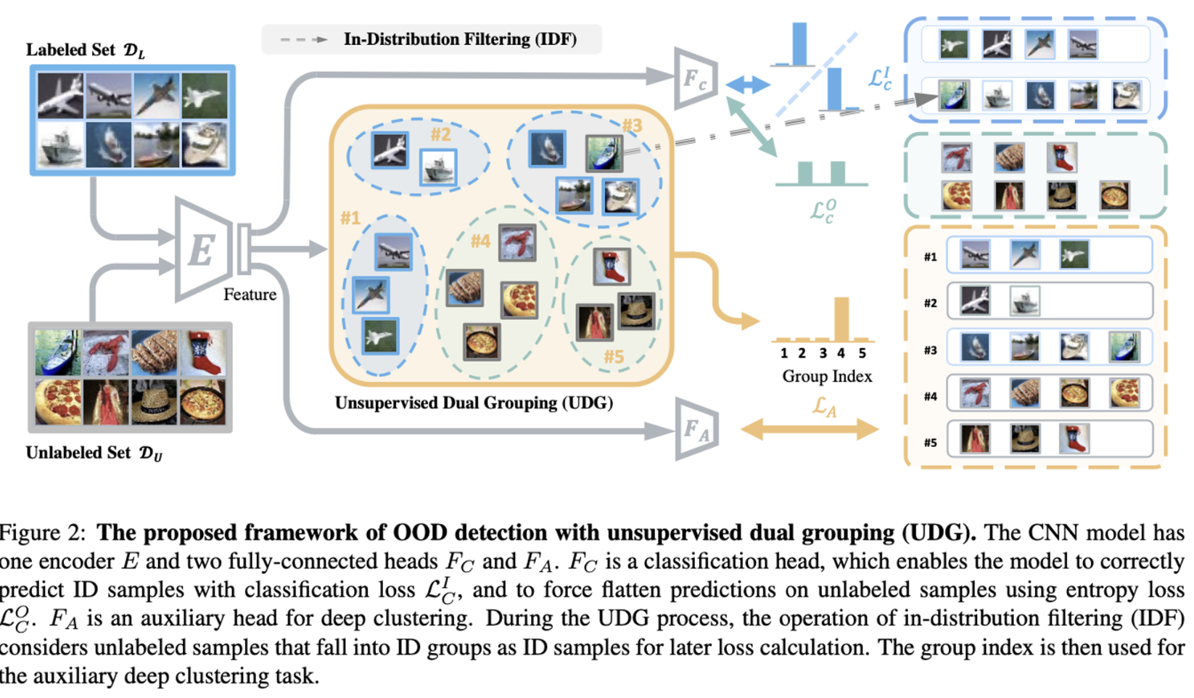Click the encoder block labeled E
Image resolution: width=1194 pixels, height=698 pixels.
coord(203,250)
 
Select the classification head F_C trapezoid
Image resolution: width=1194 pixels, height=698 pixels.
coord(694,78)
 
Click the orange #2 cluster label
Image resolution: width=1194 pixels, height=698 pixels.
coord(440,134)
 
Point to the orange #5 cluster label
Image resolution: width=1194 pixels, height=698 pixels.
coord(614,356)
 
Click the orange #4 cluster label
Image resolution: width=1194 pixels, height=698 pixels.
coord(480,241)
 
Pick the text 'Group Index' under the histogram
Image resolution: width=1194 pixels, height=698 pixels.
coord(826,377)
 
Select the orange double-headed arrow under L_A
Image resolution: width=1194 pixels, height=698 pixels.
coord(809,429)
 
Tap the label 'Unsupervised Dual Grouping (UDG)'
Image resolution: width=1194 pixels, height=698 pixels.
coord(473,403)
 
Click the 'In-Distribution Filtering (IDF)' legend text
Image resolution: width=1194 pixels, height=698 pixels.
coord(460,39)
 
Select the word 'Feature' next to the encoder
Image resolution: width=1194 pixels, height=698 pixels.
coord(250,295)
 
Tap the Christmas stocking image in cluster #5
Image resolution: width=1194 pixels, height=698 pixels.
coord(611,266)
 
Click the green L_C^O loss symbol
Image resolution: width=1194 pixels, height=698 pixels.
coord(823,210)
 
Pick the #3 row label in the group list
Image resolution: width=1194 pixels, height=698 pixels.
coord(931,350)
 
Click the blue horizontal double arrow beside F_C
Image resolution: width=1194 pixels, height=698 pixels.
coord(747,85)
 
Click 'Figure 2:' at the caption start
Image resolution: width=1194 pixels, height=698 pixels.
coord(42,533)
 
